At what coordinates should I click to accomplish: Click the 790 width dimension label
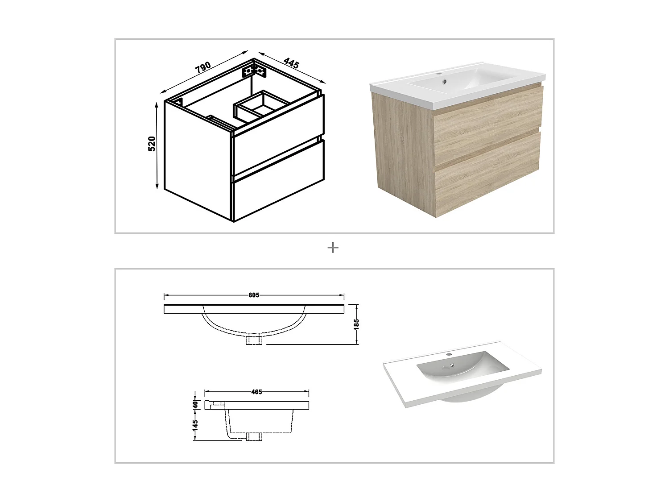[202, 67]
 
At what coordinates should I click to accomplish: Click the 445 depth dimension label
[291, 63]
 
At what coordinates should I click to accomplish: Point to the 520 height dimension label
[152, 144]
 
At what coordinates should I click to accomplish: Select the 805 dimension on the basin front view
[254, 295]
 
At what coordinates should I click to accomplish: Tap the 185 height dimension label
[356, 324]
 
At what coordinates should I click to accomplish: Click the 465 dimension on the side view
[256, 392]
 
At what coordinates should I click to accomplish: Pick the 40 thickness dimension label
[195, 405]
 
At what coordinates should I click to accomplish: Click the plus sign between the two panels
[333, 247]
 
